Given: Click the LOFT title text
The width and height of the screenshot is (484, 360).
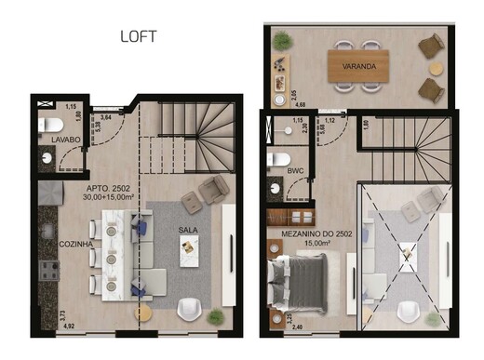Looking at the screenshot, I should (139, 37).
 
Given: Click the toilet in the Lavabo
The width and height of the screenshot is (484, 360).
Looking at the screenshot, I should (51, 124).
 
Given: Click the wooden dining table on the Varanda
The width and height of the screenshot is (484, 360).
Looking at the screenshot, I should (358, 65).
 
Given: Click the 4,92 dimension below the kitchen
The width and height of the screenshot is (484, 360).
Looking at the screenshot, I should (68, 327).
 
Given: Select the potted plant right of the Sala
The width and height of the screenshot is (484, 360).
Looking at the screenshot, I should (217, 317).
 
